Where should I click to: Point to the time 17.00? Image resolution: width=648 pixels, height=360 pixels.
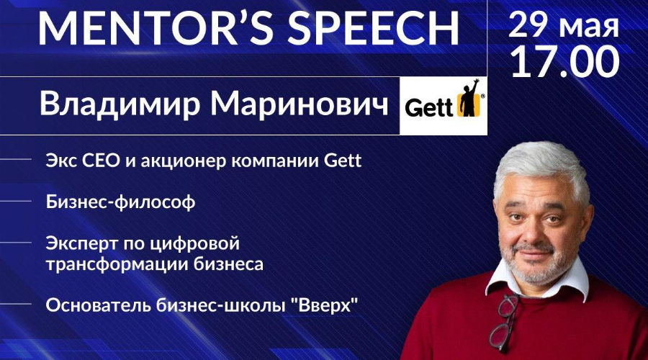point(565,62)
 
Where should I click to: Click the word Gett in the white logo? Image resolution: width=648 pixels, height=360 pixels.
point(428,109)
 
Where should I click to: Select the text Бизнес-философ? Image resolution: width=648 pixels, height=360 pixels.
point(120,202)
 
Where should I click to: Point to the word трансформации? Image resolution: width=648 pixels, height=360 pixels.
point(117,264)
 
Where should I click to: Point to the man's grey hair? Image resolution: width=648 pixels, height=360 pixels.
point(541,167)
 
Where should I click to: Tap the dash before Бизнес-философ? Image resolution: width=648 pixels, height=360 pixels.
point(16,202)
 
